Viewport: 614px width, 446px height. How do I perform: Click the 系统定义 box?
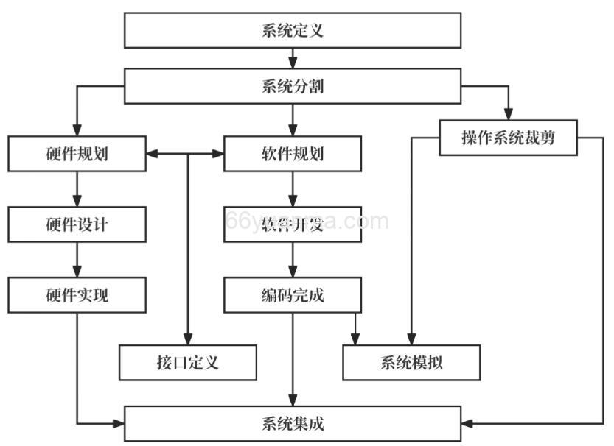293,30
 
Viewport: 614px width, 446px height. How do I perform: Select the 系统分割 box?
293,86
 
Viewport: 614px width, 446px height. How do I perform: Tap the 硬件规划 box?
77,154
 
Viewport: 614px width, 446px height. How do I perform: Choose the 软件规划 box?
293,154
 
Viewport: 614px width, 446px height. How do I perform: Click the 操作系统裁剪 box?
508,138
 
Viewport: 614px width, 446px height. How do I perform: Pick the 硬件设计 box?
77,224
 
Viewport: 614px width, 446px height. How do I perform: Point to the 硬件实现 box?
77,294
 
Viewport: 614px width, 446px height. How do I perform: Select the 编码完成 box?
293,295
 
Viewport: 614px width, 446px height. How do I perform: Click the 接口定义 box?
188,362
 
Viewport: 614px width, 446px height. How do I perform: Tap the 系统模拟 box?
412,362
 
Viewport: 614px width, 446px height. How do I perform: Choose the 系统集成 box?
293,423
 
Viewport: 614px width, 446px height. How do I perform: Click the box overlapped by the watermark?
293,224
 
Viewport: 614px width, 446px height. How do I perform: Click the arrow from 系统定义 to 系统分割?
293,58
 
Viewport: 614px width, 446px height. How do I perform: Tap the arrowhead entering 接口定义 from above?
188,339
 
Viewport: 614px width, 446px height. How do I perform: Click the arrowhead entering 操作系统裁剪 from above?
508,113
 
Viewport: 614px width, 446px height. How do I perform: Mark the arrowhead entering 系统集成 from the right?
468,423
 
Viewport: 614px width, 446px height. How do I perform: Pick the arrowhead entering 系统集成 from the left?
118,423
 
